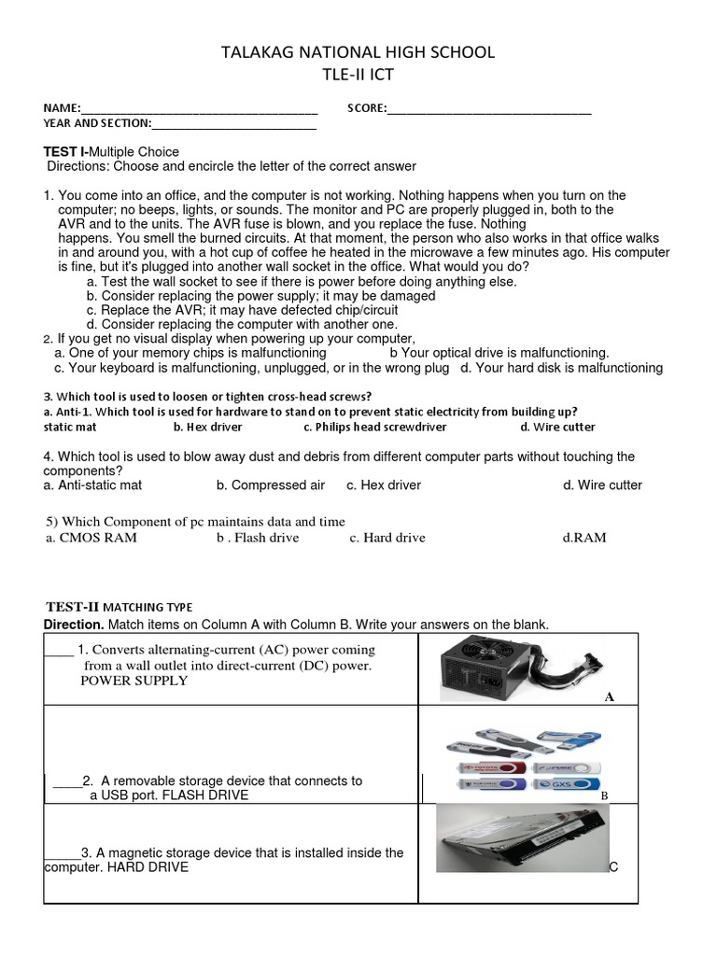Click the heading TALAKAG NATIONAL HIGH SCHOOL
coord(358,52)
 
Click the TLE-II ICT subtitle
coord(358,75)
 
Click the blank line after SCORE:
coord(489,109)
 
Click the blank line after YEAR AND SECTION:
coord(233,124)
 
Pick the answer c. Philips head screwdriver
coord(374,427)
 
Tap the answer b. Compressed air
coord(271,485)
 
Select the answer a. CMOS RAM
coord(91,538)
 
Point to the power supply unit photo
coord(510,667)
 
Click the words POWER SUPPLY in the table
coord(134,681)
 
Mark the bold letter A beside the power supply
coord(609,696)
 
